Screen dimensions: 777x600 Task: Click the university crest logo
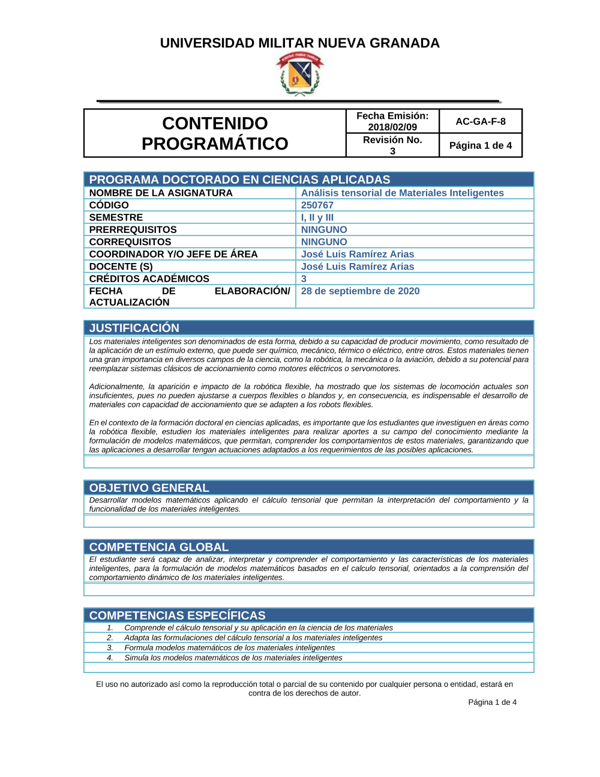[299, 74]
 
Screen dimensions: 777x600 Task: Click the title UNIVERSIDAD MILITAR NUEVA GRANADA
[299, 43]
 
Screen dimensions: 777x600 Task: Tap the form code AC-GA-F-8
[480, 121]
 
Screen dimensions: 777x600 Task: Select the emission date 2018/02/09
[392, 127]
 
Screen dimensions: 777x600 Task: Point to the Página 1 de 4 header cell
[480, 145]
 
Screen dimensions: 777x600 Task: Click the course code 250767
[317, 205]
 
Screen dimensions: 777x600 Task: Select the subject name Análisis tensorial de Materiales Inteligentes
[402, 193]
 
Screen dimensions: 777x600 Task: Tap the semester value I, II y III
[317, 217]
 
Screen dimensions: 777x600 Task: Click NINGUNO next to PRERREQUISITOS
[324, 230]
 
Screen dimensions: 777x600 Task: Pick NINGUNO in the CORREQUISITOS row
[324, 242]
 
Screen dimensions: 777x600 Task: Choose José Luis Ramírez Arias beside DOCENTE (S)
[357, 267]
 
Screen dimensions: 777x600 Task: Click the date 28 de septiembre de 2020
[360, 291]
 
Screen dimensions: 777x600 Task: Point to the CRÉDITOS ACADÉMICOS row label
[149, 279]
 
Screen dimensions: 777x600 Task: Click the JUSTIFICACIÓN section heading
[134, 328]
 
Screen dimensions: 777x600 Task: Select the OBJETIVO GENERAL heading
[149, 488]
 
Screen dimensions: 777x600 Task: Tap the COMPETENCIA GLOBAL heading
[158, 547]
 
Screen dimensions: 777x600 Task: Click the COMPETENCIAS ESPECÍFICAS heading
[177, 615]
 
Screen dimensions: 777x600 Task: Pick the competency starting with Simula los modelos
[233, 658]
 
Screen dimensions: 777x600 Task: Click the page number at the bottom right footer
[492, 702]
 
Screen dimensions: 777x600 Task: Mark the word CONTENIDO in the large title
[215, 123]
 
